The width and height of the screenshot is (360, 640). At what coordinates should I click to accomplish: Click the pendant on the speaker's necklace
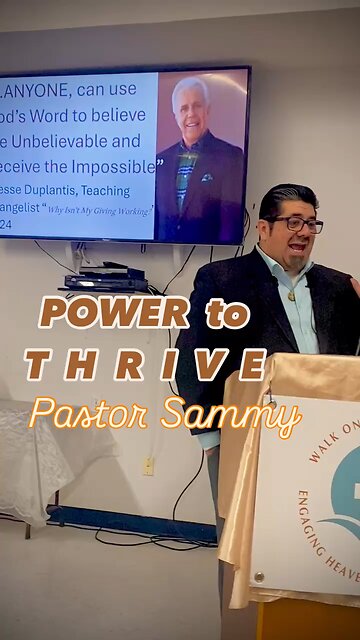[x=291, y=294]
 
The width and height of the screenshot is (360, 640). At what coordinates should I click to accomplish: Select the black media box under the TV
[x=105, y=280]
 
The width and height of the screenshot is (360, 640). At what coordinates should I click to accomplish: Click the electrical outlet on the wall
[x=148, y=465]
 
